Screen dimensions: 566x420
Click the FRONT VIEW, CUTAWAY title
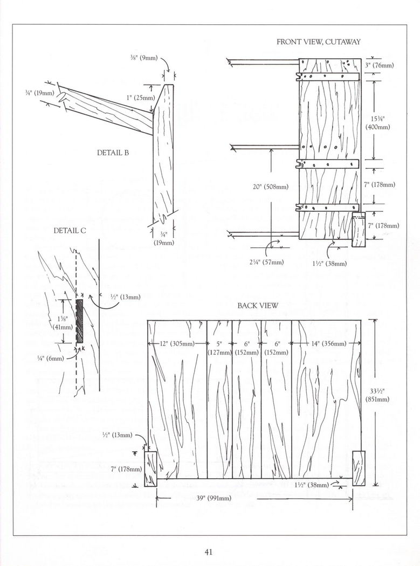pos(318,42)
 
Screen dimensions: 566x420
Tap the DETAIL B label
pos(113,153)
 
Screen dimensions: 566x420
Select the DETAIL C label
pos(70,230)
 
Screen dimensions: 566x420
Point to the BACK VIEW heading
pos(258,306)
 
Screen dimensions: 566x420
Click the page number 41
pos(209,551)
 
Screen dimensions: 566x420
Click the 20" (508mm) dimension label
pos(271,187)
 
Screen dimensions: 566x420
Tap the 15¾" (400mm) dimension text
pos(377,123)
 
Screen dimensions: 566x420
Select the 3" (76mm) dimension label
pos(380,65)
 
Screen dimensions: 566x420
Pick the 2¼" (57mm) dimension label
pos(266,262)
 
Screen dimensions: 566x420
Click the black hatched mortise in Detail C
pos(80,321)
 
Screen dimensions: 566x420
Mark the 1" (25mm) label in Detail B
pos(140,98)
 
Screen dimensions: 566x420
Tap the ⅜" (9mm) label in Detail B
pos(143,58)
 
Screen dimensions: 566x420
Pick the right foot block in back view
pos(358,467)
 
